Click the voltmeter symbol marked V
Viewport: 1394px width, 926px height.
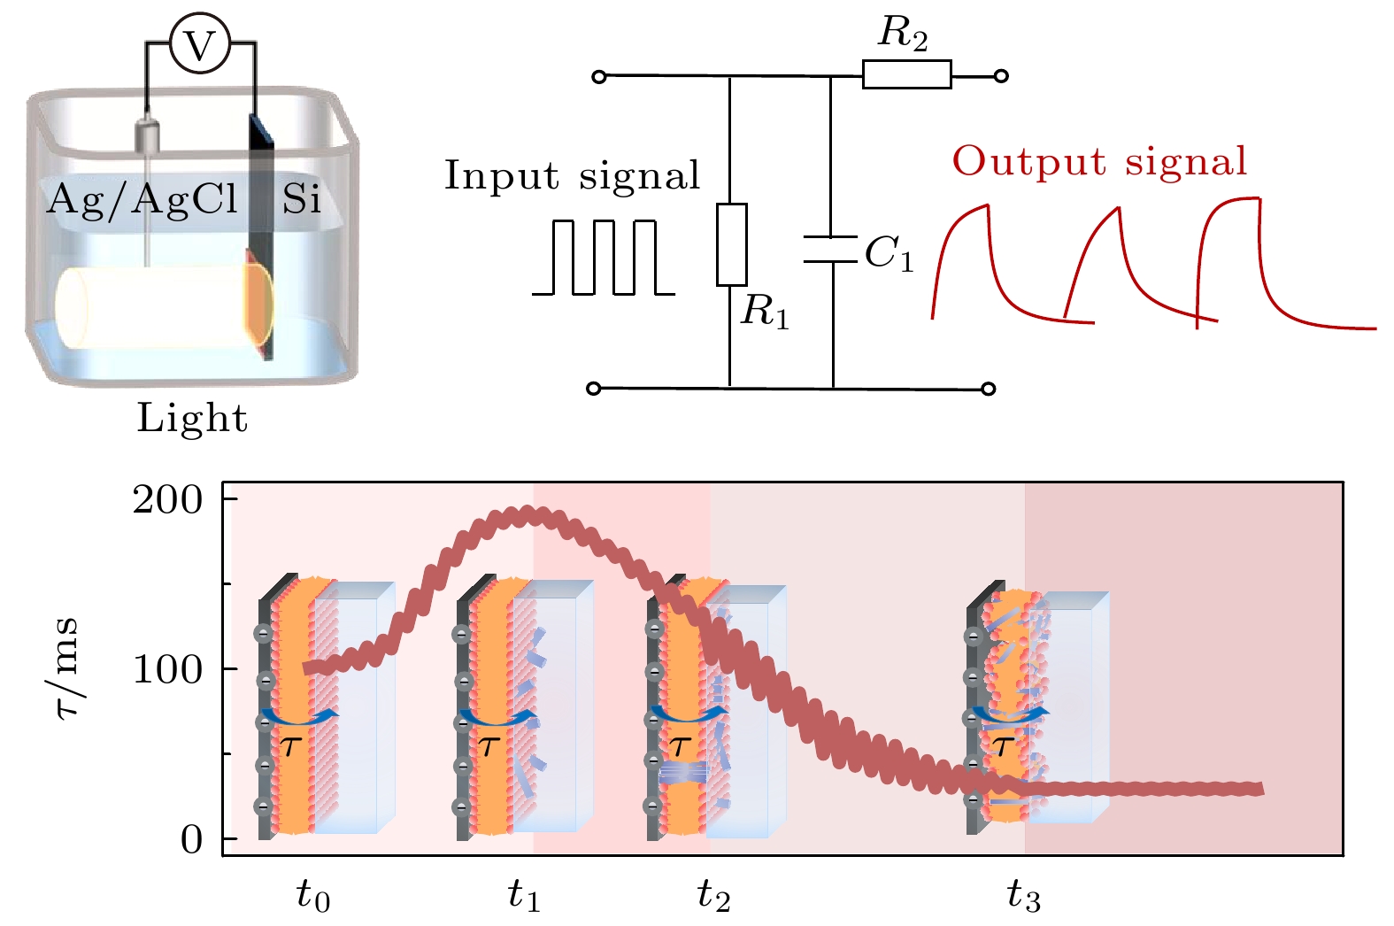(200, 44)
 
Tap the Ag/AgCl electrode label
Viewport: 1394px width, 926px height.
(142, 199)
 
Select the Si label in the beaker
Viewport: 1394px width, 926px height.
(301, 200)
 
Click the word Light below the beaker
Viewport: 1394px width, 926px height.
(192, 418)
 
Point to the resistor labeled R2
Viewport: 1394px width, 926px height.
(906, 74)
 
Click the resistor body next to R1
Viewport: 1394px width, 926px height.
(731, 244)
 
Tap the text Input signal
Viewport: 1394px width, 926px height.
(572, 175)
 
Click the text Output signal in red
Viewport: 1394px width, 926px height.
(1099, 161)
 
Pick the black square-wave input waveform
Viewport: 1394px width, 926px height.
(604, 257)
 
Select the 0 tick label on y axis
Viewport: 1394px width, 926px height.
(191, 838)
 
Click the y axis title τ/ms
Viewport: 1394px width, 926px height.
(65, 667)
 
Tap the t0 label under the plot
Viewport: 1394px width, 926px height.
(313, 897)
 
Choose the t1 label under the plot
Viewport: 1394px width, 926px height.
(524, 897)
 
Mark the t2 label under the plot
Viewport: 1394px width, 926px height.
(713, 897)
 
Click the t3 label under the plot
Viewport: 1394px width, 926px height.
(1024, 897)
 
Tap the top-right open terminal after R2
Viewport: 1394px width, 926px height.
(1001, 76)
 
